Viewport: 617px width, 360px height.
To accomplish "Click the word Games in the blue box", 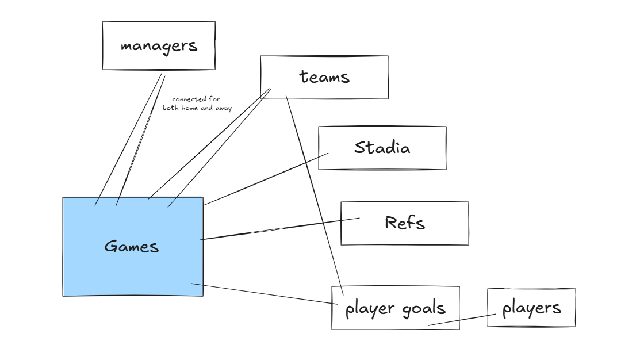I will click(131, 247).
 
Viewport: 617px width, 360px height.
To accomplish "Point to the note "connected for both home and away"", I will click(197, 104).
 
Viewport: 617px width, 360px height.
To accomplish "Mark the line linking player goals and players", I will click(462, 320).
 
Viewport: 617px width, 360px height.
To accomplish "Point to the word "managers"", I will click(159, 46).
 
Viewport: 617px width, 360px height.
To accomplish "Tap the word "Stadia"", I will click(382, 148).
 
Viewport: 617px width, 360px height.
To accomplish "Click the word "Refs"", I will click(405, 223).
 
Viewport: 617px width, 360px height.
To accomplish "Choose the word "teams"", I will click(324, 76).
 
